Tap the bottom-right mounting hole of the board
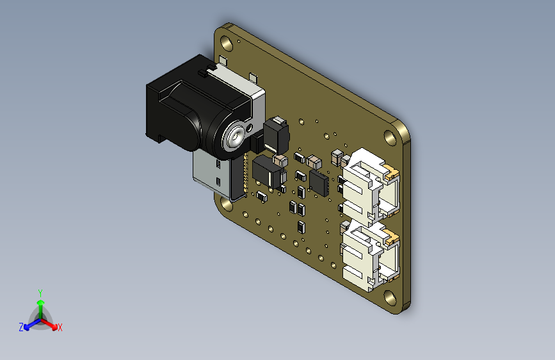click(389, 297)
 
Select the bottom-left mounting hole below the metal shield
click(227, 204)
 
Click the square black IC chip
click(319, 182)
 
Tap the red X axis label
click(60, 328)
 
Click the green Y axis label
click(40, 292)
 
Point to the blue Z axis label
click(21, 327)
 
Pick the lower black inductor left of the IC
click(268, 173)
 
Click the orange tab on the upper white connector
click(392, 172)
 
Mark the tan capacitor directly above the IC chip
click(314, 160)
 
